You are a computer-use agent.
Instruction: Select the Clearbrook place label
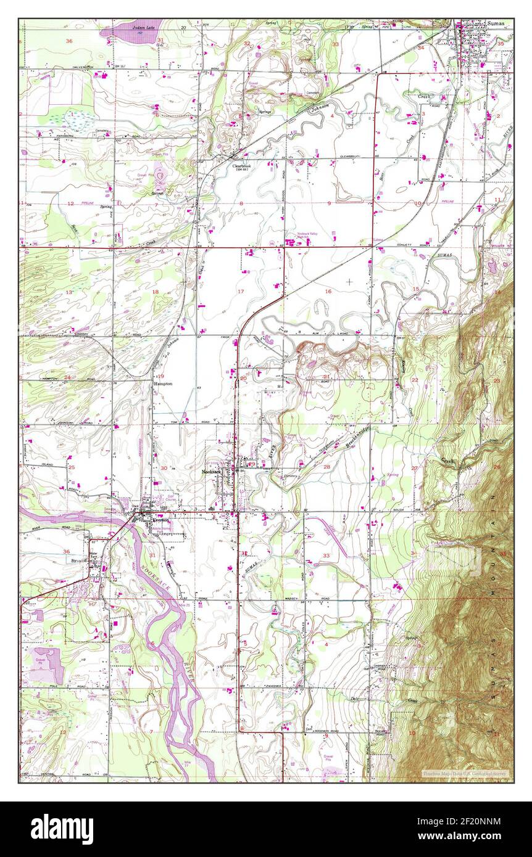(242, 166)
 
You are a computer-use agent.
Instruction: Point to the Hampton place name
(163, 383)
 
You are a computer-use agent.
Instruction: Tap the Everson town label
(158, 520)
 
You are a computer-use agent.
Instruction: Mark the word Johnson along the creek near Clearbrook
(320, 110)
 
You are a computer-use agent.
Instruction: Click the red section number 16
(328, 292)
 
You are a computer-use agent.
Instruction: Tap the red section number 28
(326, 467)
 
